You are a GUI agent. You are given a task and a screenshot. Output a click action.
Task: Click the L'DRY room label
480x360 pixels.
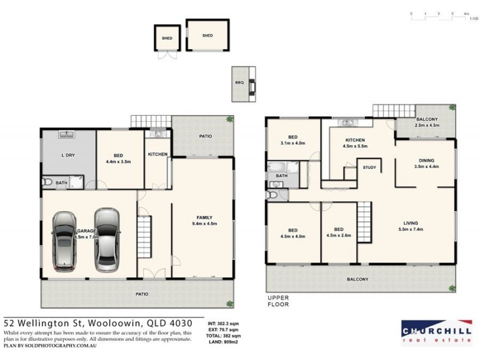click(x=68, y=155)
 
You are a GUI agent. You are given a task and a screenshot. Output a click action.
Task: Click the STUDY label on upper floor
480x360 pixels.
click(x=369, y=167)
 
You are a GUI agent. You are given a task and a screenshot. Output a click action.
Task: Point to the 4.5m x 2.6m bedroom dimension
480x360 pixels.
click(x=340, y=236)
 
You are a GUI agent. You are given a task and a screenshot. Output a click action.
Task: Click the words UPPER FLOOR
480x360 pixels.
click(x=278, y=301)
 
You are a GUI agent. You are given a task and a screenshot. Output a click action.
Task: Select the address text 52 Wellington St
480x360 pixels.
click(x=54, y=323)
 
